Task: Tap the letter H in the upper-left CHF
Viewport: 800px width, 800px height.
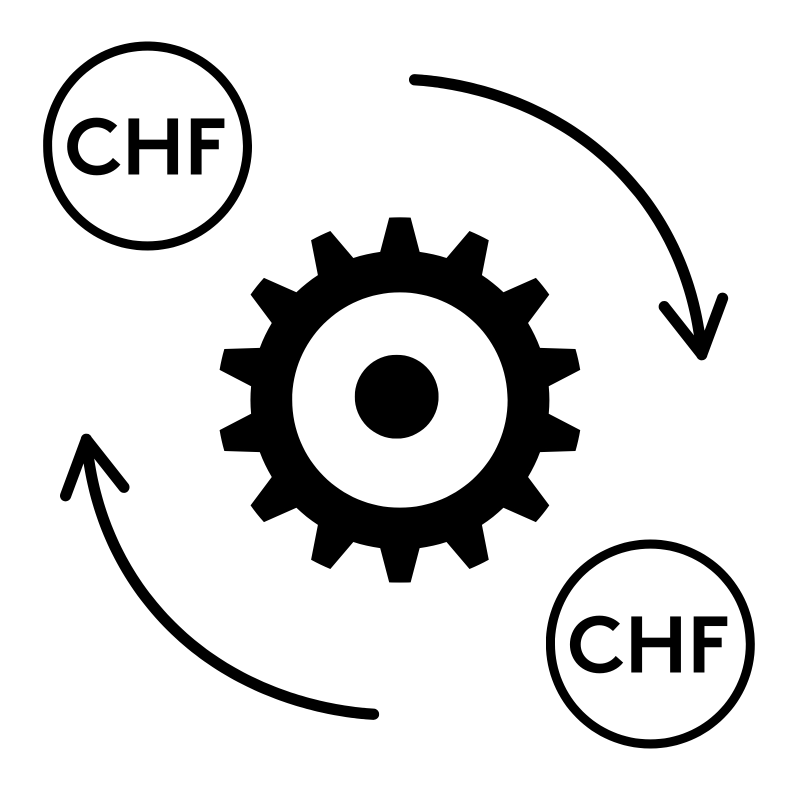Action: [x=153, y=146]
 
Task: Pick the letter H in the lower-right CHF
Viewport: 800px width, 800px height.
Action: [x=656, y=644]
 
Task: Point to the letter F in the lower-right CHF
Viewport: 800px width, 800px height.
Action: [x=705, y=643]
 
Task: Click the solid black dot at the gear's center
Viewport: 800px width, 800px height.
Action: [x=396, y=397]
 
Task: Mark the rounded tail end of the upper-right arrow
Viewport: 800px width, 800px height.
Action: [x=414, y=79]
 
